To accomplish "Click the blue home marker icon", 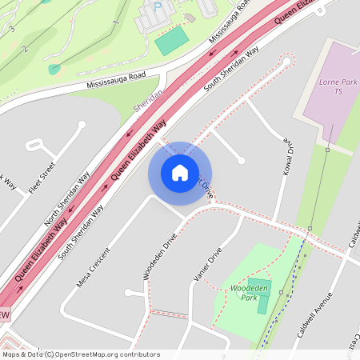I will pyautogui.click(x=179, y=173).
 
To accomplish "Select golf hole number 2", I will pyautogui.click(x=25, y=49).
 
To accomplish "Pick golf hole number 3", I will pyautogui.click(x=12, y=29).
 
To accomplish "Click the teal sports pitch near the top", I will pyautogui.click(x=171, y=41).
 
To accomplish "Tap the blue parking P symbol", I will pyautogui.click(x=158, y=6).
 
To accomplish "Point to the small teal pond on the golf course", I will pyautogui.click(x=54, y=69).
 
